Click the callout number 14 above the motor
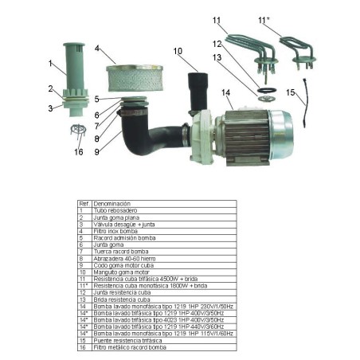(226, 92)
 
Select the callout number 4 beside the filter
(97, 49)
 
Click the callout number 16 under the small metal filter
(78, 151)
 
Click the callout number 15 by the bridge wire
(291, 92)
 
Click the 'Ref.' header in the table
(83, 204)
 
